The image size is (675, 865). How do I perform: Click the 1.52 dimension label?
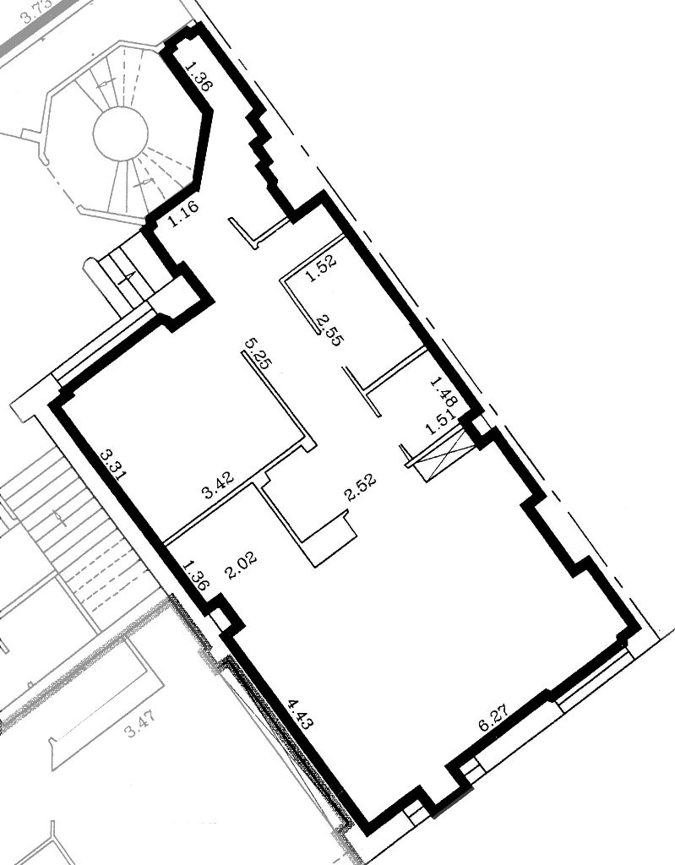pyautogui.click(x=321, y=270)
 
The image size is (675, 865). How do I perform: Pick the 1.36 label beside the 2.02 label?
pyautogui.click(x=196, y=576)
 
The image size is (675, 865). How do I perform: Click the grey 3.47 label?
pyautogui.click(x=141, y=725)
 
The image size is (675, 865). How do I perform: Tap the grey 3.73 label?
pyautogui.click(x=37, y=11)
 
